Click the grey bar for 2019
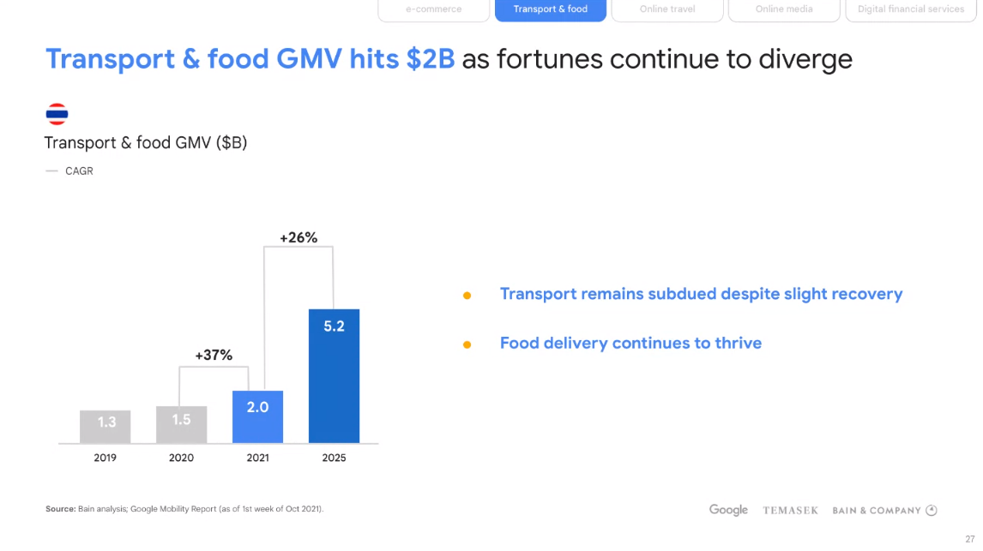tap(105, 426)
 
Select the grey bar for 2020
tap(181, 424)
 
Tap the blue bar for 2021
tap(257, 416)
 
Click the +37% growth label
tap(214, 355)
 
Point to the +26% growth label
tap(299, 237)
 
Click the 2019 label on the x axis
tap(105, 458)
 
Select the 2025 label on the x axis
tap(334, 458)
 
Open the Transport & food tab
tap(551, 9)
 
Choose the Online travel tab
tap(667, 9)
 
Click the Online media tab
tap(784, 9)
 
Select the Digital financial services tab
tap(911, 9)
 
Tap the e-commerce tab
tap(434, 9)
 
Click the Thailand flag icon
tap(57, 114)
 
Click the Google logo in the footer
tap(728, 510)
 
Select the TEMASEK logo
tap(790, 511)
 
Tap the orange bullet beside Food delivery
tap(467, 344)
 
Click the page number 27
tap(969, 539)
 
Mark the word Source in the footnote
tap(60, 509)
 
